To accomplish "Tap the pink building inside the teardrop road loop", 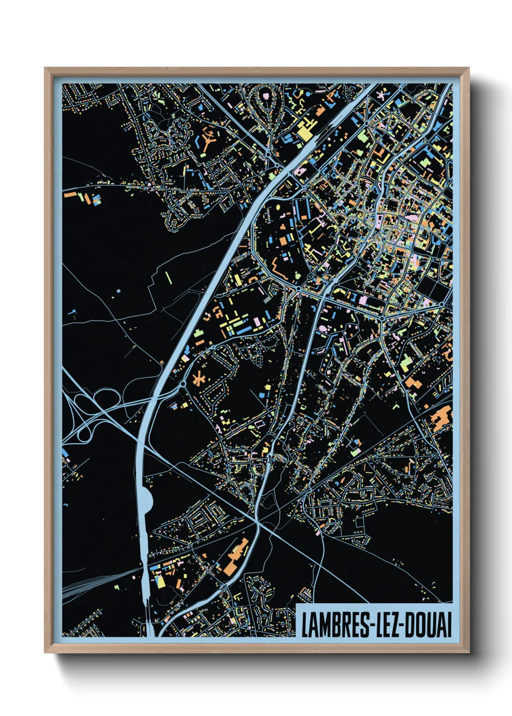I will (x=266, y=96).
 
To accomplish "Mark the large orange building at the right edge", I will (x=441, y=417).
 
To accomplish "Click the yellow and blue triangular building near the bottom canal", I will (x=159, y=579).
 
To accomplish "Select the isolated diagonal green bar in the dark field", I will (x=169, y=278).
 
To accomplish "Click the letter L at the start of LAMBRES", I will (x=305, y=625).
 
